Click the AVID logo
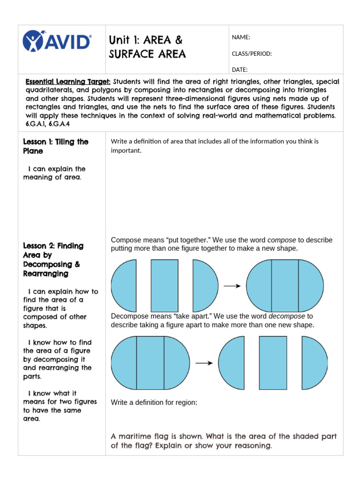57,41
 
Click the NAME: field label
241,37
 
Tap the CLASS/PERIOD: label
252,53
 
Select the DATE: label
240,70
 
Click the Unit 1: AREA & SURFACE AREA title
147,47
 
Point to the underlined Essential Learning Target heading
68,82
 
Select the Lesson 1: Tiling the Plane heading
55,146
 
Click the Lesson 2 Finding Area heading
53,259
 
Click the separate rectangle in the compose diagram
165,286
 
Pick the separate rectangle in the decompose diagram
273,363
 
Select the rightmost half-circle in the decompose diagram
314,363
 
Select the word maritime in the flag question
134,436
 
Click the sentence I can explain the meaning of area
54,173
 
